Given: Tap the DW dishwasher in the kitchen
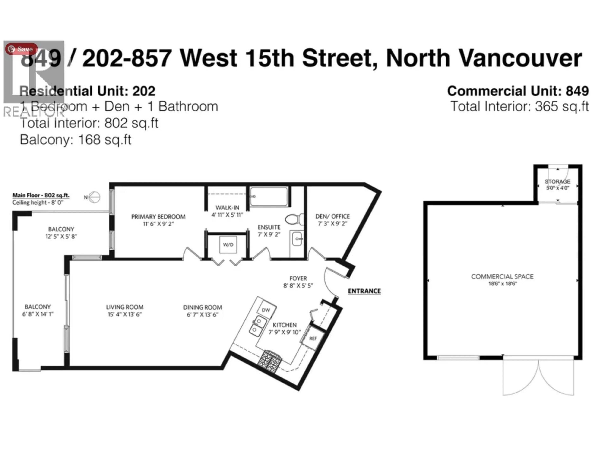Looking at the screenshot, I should point(266,310).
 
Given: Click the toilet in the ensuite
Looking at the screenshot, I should point(294,219).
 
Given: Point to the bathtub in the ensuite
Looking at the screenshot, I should point(269,196).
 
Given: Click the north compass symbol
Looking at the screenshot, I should point(94,197).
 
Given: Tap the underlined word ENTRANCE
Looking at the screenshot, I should point(364,291).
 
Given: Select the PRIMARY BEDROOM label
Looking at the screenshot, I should point(158,217).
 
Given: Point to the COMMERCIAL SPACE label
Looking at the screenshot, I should point(502,276).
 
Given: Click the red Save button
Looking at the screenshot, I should point(21,49).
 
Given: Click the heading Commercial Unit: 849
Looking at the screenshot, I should point(518,91).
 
